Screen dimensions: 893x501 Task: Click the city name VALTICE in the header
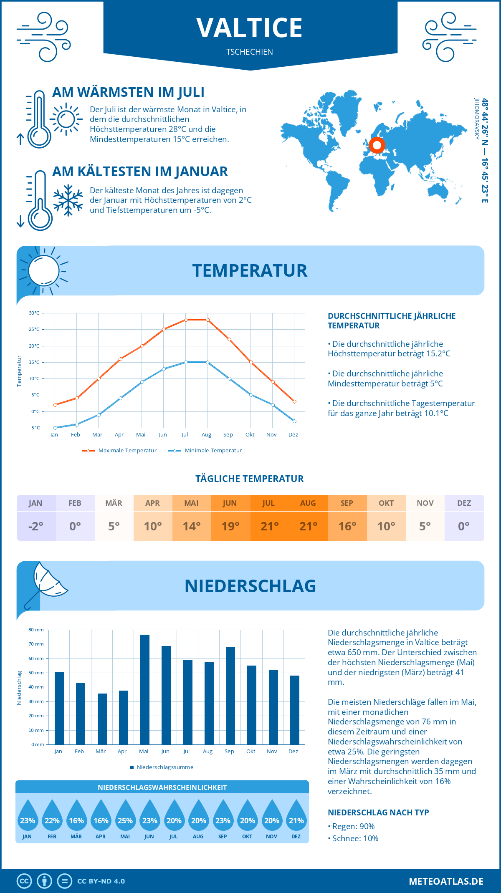tap(250, 28)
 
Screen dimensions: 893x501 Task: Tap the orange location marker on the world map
tap(377, 145)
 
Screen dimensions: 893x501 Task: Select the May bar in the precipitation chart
tap(144, 689)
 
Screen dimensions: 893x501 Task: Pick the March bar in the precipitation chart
tap(102, 719)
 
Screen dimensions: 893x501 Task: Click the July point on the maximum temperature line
tap(186, 320)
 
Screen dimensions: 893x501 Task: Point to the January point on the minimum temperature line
tap(55, 428)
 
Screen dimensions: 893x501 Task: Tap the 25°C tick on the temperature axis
tap(34, 329)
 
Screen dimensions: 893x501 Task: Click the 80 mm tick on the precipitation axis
tap(36, 630)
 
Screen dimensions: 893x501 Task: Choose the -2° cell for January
tap(36, 526)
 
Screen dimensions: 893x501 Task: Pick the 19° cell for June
tap(230, 526)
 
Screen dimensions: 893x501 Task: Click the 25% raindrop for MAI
tap(125, 818)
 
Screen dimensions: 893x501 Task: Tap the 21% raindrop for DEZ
tap(296, 818)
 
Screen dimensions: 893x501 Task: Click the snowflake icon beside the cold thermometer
tap(68, 200)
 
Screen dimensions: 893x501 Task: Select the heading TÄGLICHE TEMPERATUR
tap(250, 479)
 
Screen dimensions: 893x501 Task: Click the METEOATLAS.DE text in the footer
tap(446, 881)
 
